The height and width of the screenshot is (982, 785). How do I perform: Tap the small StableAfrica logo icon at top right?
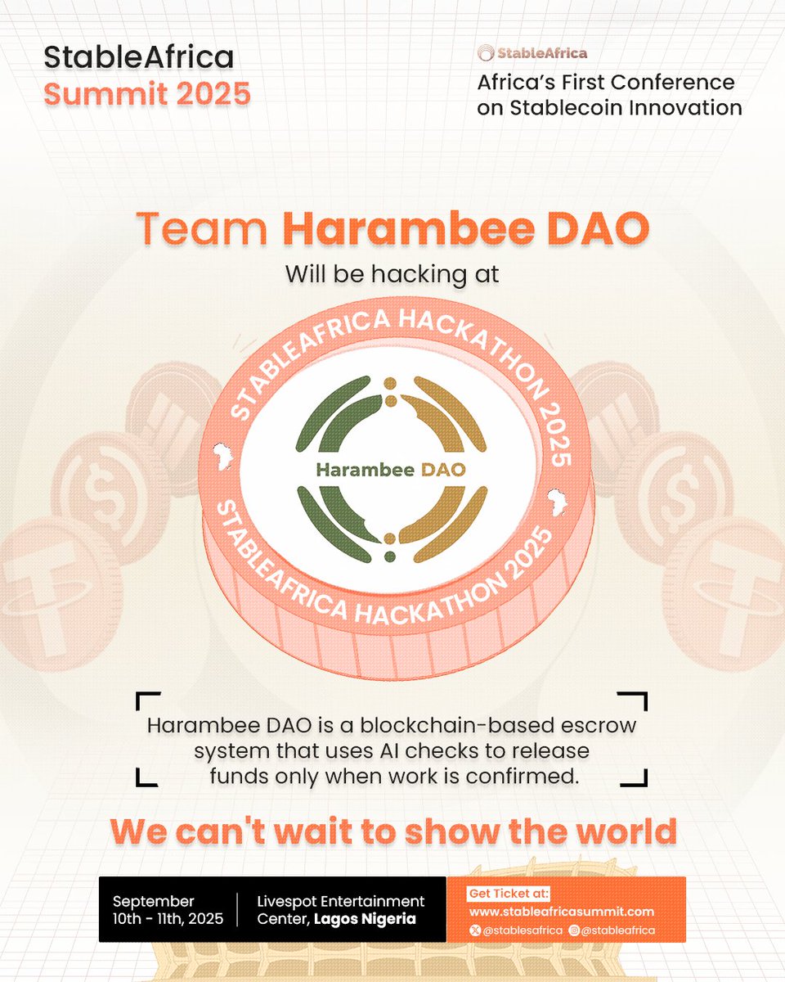click(x=487, y=54)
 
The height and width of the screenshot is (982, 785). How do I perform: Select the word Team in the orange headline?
click(x=202, y=229)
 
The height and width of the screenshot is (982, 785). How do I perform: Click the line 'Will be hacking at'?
click(x=392, y=274)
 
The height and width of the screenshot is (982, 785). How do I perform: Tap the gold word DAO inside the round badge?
click(x=444, y=470)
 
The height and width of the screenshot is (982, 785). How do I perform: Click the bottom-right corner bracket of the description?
click(x=637, y=776)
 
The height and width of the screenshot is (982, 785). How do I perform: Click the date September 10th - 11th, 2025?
click(x=168, y=909)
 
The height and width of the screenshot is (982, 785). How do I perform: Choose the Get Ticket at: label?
click(x=508, y=893)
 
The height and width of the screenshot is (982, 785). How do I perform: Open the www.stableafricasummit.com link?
click(x=561, y=912)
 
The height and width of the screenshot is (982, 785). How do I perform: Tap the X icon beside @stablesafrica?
click(x=474, y=930)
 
